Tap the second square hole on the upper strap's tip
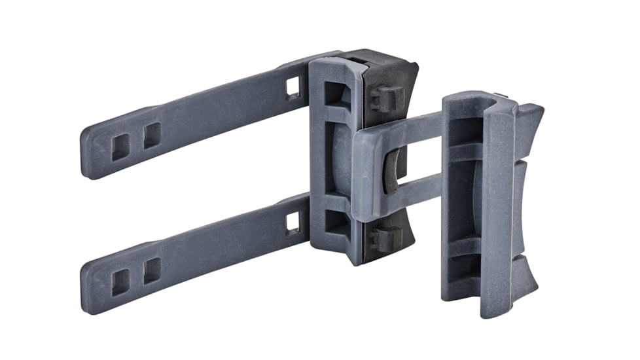(x=152, y=135)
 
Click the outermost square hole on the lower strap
(x=120, y=282)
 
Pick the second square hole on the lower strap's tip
(x=152, y=270)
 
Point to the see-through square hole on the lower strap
(x=293, y=223)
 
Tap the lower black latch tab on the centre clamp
(x=387, y=236)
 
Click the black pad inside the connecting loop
(x=391, y=170)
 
